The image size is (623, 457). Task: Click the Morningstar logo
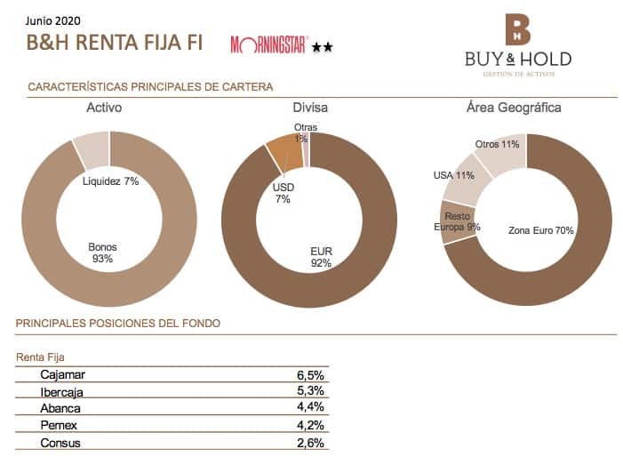tap(269, 44)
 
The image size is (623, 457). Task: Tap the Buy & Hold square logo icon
tap(517, 29)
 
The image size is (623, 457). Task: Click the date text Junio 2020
tap(52, 19)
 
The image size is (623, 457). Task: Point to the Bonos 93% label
tap(103, 253)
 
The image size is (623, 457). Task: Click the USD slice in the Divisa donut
tap(284, 152)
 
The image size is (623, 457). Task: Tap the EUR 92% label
tap(321, 257)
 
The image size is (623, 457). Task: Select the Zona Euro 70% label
tap(540, 230)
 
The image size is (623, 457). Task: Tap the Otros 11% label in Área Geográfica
tap(497, 144)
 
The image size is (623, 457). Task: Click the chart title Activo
tap(104, 108)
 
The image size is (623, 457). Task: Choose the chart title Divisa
tap(310, 108)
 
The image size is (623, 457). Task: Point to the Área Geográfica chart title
tap(514, 108)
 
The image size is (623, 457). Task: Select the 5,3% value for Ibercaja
tap(310, 391)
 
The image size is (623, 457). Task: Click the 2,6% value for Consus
tap(310, 442)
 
